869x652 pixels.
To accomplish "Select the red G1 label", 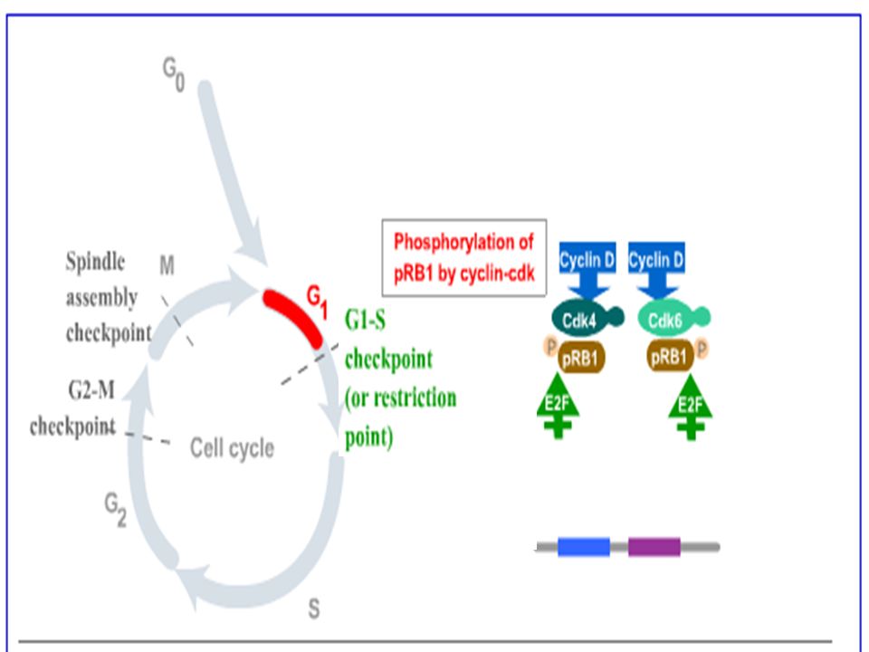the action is click(x=318, y=302).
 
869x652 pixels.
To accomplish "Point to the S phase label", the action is click(x=314, y=609).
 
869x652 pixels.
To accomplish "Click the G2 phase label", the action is click(x=116, y=510).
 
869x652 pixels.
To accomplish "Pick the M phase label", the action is click(x=167, y=265).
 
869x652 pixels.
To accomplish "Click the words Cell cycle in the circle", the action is click(x=232, y=447).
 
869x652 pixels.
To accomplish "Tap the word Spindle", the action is click(x=95, y=261).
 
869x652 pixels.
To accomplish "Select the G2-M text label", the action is click(x=91, y=390).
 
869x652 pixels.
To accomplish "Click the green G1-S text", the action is click(x=365, y=320).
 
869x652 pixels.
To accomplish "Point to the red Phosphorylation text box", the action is click(x=463, y=257).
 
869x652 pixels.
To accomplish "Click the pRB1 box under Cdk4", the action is click(x=581, y=357).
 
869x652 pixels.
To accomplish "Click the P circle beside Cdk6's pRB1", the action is click(x=701, y=350).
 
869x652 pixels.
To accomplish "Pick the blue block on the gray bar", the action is click(x=584, y=547).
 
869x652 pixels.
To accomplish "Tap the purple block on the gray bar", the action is click(x=654, y=547).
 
